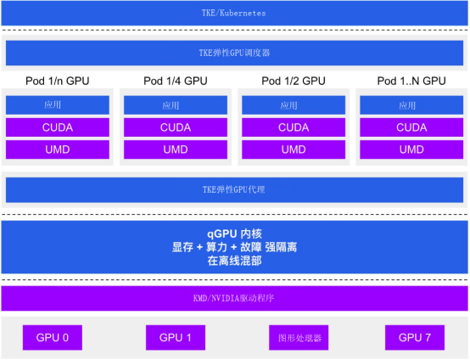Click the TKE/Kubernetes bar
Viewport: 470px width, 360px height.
click(234, 13)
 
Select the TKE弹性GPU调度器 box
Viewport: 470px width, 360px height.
click(234, 53)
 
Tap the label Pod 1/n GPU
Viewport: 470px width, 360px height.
click(57, 81)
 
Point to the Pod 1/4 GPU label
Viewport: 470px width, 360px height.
click(176, 81)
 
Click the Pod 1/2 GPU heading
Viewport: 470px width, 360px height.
click(294, 81)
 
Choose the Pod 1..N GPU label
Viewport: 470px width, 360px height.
click(411, 81)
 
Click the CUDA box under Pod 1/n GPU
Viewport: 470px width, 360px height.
click(58, 127)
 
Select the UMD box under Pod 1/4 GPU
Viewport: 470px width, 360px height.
click(176, 149)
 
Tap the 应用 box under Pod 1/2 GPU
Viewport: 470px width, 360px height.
click(294, 105)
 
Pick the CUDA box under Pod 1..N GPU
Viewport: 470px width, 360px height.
click(411, 127)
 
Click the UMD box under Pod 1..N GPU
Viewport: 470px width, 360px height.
click(411, 149)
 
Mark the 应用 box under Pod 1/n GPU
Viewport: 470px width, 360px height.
click(58, 105)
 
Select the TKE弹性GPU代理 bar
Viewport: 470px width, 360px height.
click(234, 189)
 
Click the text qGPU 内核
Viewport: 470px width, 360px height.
click(234, 233)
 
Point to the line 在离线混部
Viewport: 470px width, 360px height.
click(234, 261)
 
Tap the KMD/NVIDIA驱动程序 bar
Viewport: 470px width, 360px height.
click(234, 298)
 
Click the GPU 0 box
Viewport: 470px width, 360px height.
click(53, 338)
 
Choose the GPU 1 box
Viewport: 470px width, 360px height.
click(176, 338)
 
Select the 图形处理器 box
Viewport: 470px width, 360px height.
click(299, 338)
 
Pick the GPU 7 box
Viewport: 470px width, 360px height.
click(415, 338)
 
